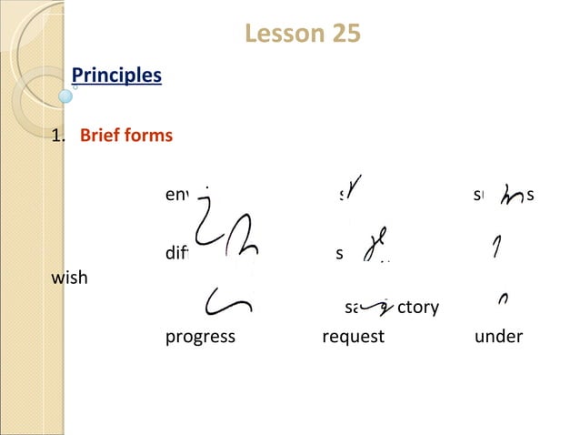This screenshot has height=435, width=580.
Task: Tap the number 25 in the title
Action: pos(341,35)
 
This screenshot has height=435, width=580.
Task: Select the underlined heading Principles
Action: pos(116,75)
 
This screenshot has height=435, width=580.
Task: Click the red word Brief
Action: pos(101,137)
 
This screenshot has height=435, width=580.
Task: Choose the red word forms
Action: pos(149,137)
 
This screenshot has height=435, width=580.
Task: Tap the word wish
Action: pos(70,278)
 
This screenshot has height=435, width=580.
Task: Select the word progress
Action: pos(200,337)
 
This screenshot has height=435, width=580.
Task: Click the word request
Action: pos(353,337)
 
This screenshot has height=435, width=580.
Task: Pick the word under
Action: pos(498,337)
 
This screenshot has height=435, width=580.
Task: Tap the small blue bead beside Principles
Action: pos(65,94)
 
